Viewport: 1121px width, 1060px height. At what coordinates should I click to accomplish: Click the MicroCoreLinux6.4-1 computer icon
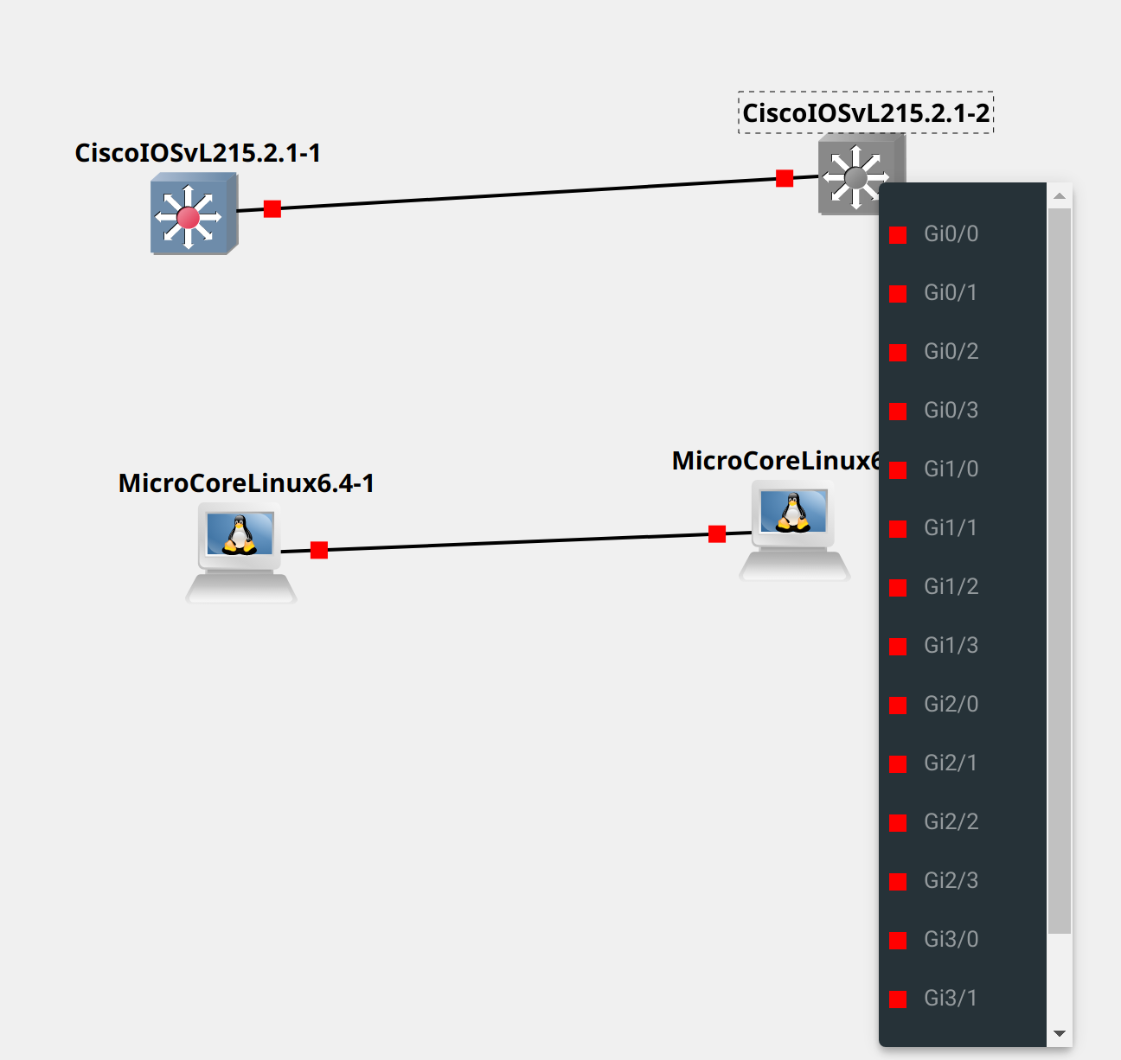(x=240, y=550)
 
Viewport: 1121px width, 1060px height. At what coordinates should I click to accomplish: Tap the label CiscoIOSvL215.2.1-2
(x=865, y=113)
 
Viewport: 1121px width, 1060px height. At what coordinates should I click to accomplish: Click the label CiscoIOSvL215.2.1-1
(x=197, y=153)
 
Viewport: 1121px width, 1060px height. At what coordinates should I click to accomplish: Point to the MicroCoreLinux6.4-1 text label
(x=246, y=483)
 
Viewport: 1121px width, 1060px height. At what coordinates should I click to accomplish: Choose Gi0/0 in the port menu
(x=951, y=234)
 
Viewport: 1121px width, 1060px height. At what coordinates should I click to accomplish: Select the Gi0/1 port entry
(x=951, y=293)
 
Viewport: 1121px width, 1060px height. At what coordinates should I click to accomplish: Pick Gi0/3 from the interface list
(x=951, y=411)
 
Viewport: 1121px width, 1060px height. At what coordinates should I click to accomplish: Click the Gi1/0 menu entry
(x=951, y=469)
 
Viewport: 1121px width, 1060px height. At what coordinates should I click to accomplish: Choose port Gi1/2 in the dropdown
(x=951, y=587)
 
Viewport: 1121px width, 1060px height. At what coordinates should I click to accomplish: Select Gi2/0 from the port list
(x=951, y=705)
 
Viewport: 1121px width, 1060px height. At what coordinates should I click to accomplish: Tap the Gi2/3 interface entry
(x=951, y=881)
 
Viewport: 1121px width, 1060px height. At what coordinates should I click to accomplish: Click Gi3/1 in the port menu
(x=951, y=999)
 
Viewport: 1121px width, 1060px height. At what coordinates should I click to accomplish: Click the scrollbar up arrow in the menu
(x=1060, y=196)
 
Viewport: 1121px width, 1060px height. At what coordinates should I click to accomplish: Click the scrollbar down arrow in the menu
(x=1060, y=1034)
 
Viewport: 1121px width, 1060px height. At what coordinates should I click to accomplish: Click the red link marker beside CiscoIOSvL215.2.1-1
(x=272, y=208)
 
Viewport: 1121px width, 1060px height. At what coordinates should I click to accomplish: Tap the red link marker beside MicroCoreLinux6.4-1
(x=319, y=550)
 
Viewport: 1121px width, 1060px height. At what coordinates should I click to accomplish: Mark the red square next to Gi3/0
(x=898, y=941)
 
